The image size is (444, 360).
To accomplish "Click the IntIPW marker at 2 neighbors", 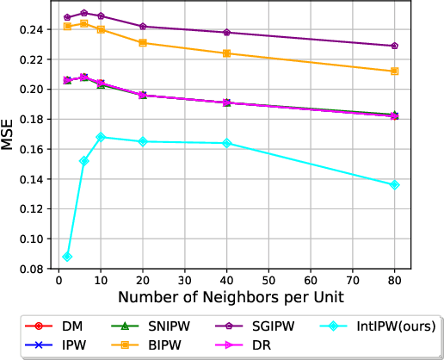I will [67, 257].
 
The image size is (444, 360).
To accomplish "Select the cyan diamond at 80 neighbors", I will [395, 185].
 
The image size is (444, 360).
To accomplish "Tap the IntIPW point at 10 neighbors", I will [101, 137].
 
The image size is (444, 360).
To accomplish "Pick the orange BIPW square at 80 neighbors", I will [395, 71].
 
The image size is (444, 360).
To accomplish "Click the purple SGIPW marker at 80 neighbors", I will [395, 46].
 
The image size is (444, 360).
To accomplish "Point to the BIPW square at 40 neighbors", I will [227, 53].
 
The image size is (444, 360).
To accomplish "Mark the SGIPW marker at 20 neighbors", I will [143, 27].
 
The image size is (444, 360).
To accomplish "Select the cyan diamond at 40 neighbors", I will [227, 143].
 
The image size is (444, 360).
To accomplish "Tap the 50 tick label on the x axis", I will [269, 282].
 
